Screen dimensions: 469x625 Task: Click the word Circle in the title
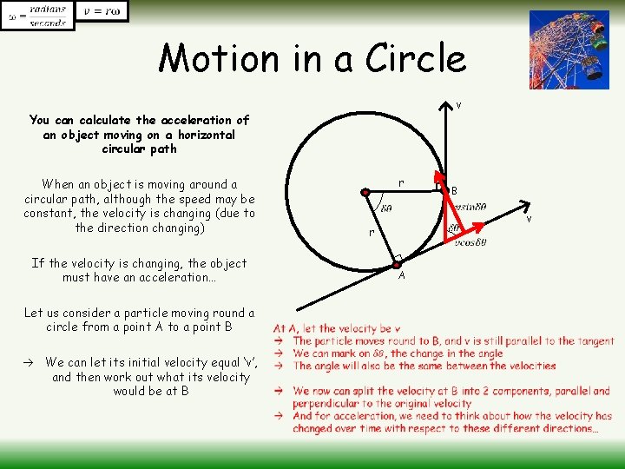tap(417, 59)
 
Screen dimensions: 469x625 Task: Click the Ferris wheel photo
tap(569, 50)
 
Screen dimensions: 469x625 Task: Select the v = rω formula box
tap(102, 11)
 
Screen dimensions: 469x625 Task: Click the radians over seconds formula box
tap(37, 16)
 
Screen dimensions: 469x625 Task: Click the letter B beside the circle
tap(454, 191)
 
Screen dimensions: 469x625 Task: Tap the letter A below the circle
tap(402, 275)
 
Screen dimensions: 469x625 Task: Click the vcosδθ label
tap(470, 242)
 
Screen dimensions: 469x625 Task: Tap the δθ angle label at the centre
tap(385, 208)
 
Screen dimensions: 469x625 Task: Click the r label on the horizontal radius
tap(400, 182)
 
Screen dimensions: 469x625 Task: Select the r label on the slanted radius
tap(370, 233)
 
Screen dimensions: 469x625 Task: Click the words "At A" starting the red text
tap(285, 328)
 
